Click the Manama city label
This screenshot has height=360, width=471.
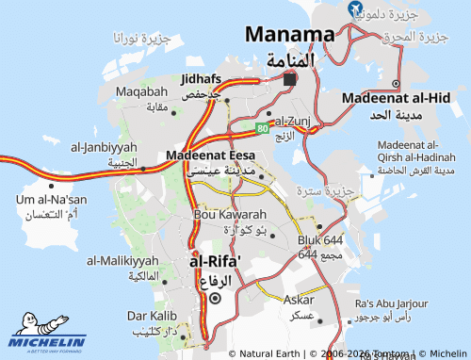pos(289,35)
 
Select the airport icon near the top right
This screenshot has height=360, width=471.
pos(355,9)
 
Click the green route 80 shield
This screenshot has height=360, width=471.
pos(262,127)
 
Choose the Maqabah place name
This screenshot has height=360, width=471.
pos(140,91)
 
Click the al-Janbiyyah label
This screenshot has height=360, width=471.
pos(104,148)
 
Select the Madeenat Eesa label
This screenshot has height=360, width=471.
pos(210,155)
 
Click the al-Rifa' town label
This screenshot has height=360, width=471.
pos(216,262)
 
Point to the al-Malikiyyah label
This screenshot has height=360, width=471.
pos(122,260)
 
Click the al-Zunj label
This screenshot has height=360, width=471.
pos(294,122)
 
